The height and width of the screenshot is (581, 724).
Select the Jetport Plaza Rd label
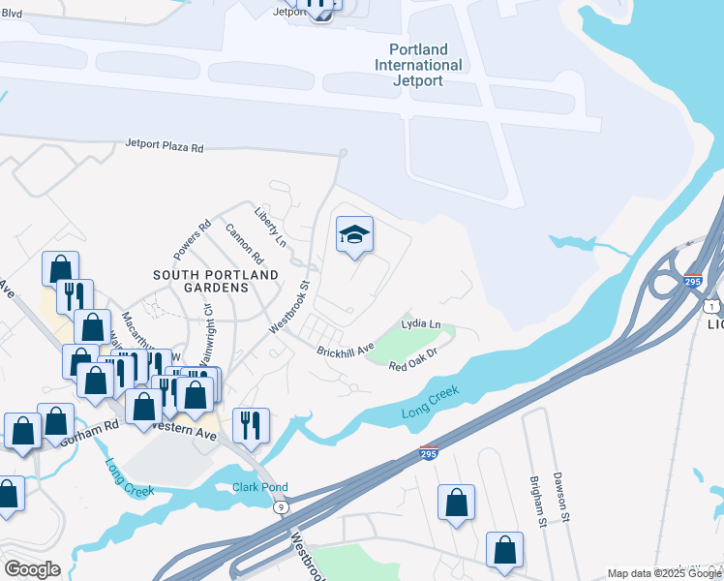tap(165, 147)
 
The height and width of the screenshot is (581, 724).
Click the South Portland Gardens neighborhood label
tap(216, 281)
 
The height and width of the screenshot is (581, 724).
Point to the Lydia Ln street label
tap(421, 323)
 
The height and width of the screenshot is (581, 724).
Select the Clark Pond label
tap(260, 487)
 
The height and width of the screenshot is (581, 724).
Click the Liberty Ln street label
tap(270, 226)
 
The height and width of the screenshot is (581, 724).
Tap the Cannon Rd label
tap(244, 244)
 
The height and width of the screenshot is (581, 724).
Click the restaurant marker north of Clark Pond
tap(251, 425)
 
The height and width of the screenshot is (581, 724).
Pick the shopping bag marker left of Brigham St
tap(456, 503)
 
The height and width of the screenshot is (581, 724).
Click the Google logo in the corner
tap(31, 569)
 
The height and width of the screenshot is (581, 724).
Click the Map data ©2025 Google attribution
tap(664, 573)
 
